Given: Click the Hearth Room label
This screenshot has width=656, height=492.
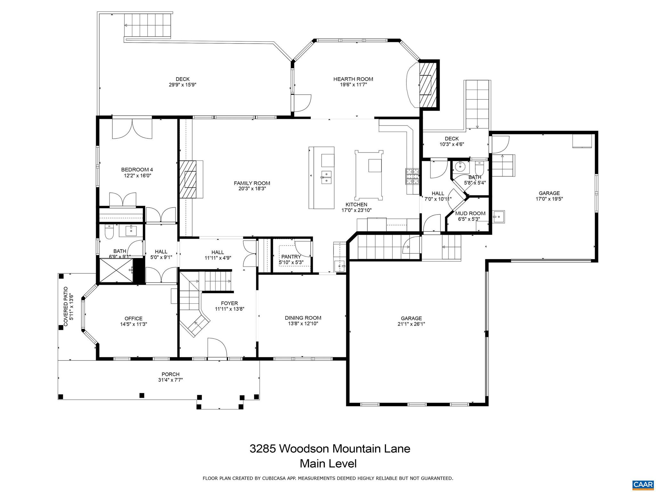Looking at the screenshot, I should coord(353,79).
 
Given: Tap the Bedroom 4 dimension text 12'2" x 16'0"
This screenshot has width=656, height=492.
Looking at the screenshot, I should coord(137,176).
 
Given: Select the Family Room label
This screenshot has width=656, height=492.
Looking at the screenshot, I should coord(252,183).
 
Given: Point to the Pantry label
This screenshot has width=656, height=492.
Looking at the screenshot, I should coord(291,257).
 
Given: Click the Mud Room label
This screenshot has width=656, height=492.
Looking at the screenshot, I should coord(470,213).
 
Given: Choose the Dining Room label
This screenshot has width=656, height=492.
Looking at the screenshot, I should coord(303,318).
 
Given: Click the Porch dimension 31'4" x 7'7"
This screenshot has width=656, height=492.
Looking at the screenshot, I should coord(170,380).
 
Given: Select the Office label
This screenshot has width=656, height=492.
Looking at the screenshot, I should coord(133,318).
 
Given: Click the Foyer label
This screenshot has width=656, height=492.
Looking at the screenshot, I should coord(229,303).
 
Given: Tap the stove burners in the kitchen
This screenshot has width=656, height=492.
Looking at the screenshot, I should coord(412,177).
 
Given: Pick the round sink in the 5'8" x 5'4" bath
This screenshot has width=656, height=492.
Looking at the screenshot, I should coord(460,166).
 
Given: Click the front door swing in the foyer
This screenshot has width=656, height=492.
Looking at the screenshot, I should coord(217,348).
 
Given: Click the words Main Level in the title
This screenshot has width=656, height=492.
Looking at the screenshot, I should coord(328,463).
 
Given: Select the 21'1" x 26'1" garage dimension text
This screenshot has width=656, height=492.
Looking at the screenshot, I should coord(411,324).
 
